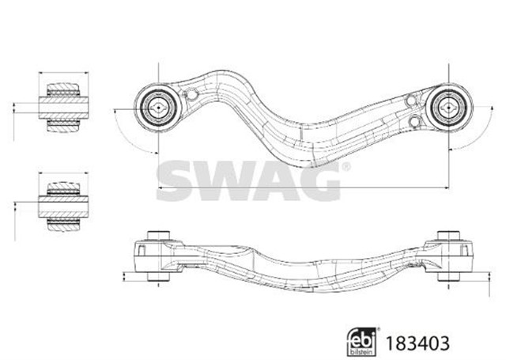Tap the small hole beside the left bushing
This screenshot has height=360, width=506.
tap(191, 96)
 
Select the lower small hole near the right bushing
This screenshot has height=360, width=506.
tap(416, 121)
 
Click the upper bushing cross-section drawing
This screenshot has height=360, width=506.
tap(60, 104)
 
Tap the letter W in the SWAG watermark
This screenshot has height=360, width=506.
tap(230, 176)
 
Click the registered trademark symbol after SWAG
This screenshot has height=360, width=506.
tap(346, 167)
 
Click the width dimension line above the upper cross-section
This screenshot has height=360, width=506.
tap(60, 74)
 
